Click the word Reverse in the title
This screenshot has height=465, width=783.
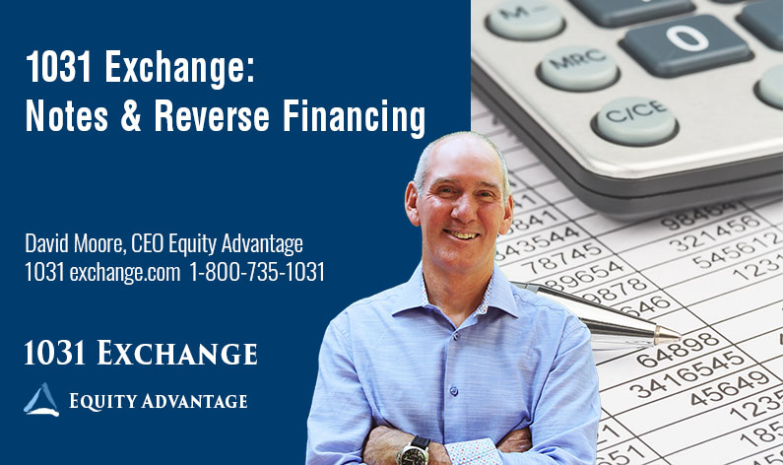208,118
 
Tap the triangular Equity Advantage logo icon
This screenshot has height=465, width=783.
41,400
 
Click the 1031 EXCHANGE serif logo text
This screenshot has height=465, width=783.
141,353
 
